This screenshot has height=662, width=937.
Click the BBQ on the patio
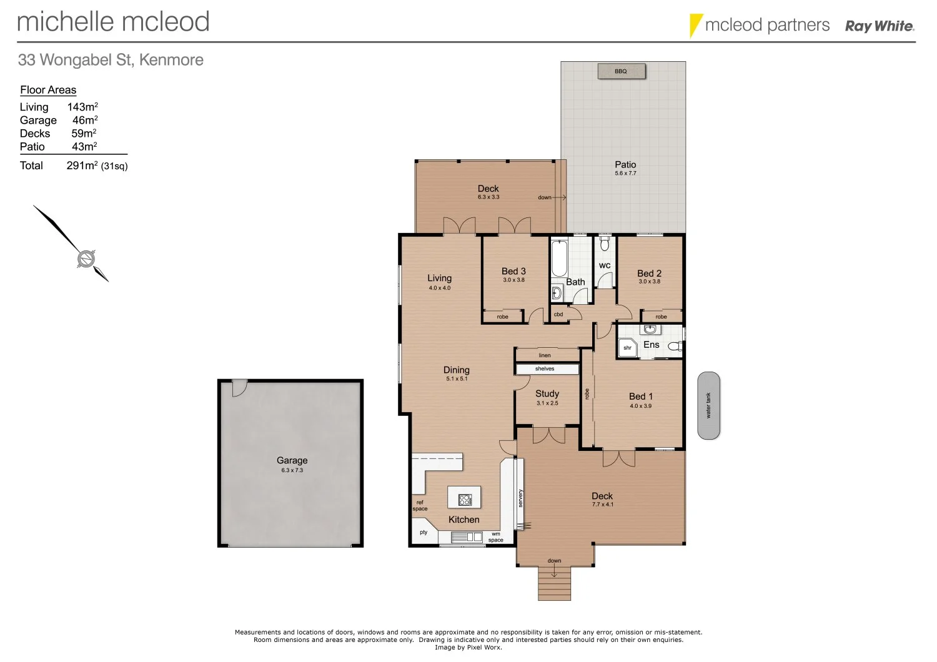click(x=621, y=71)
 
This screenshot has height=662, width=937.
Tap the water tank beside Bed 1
click(x=708, y=406)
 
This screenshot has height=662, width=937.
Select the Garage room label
click(x=292, y=460)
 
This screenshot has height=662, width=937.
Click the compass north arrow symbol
click(x=86, y=258)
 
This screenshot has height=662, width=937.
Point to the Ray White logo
click(x=880, y=26)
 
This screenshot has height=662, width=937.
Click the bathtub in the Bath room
click(x=558, y=258)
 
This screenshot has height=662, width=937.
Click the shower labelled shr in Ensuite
click(x=627, y=348)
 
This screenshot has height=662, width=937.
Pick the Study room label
click(x=547, y=393)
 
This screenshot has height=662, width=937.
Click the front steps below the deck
click(x=554, y=583)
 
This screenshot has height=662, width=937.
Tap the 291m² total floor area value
click(x=82, y=165)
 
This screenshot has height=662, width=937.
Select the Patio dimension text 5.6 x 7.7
click(x=625, y=174)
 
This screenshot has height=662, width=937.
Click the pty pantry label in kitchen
click(x=424, y=533)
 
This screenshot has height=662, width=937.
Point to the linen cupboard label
click(x=545, y=355)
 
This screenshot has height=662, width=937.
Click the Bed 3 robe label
click(x=502, y=317)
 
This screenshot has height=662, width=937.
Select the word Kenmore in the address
click(x=171, y=60)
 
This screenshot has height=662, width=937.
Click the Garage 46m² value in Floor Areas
click(x=84, y=120)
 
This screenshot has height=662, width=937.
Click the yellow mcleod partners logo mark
click(x=695, y=26)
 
